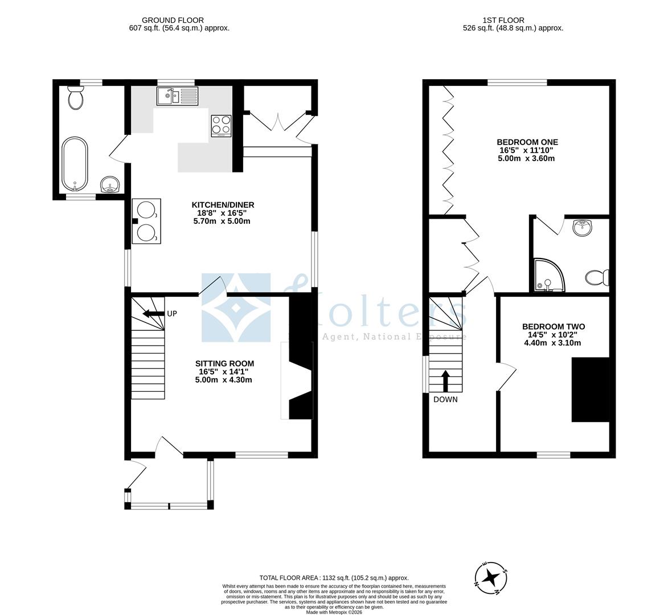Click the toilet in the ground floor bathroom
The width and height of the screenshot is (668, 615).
pos(75,99)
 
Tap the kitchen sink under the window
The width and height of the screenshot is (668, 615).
pos(177,96)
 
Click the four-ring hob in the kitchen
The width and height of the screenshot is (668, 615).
pos(222,126)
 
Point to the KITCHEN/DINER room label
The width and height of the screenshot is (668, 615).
pos(222,205)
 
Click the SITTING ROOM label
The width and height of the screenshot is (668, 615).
pos(224,363)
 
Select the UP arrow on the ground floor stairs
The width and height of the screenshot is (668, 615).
pos(153,314)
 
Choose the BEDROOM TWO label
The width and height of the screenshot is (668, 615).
pos(553,327)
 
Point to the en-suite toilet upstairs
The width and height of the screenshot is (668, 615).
pos(597,278)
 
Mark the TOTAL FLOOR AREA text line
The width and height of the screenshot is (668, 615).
pos(334,577)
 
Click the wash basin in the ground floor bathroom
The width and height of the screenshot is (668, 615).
pos(110,184)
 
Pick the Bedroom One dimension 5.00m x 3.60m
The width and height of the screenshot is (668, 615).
pos(527,158)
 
